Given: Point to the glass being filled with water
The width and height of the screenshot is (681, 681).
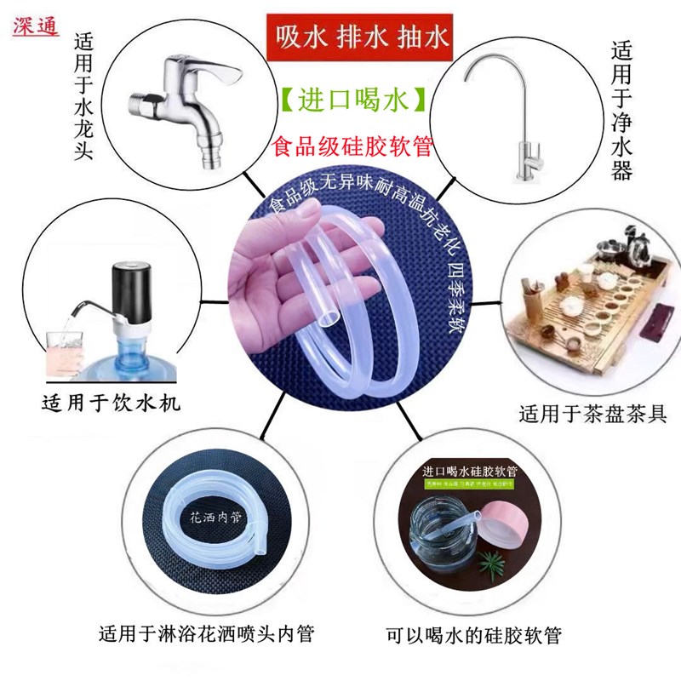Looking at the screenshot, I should [x=63, y=349].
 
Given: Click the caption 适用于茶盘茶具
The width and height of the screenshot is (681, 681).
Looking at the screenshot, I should [x=592, y=415].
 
